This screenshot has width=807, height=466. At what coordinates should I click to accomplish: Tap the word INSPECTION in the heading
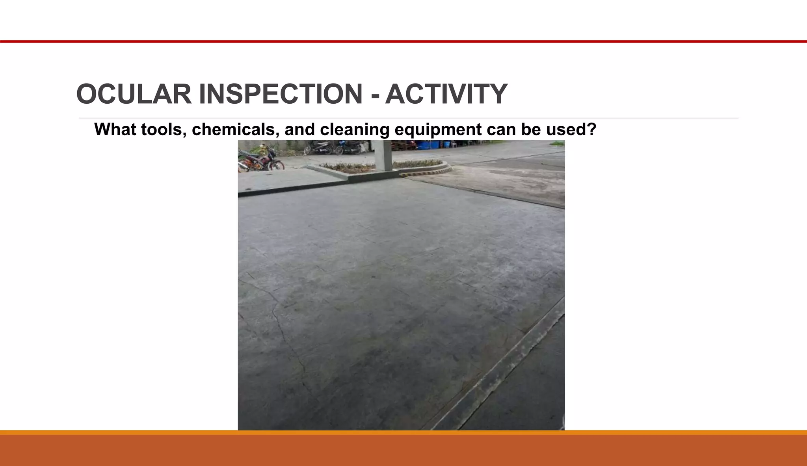tap(281, 94)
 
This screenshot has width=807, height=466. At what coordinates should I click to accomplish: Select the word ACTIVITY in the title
tap(446, 94)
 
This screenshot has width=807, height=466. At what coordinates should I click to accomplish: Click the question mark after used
tap(591, 129)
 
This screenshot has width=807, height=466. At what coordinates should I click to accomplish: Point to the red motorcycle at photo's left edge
tap(260, 160)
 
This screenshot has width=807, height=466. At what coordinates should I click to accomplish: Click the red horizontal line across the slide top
tap(403, 41)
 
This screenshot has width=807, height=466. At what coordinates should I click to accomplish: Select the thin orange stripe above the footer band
tap(403, 432)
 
